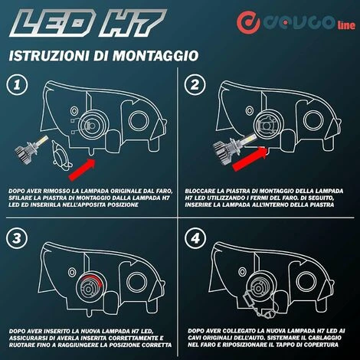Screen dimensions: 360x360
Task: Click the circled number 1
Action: (17, 85)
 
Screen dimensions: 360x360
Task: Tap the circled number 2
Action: (195, 84)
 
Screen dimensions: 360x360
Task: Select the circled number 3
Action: (17, 238)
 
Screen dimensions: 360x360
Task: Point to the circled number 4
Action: (195, 238)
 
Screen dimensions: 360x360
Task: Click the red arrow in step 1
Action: (82, 169)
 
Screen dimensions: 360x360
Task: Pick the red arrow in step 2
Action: (250, 159)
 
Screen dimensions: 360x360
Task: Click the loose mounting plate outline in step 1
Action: (61, 154)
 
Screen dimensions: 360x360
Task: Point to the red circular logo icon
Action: (248, 22)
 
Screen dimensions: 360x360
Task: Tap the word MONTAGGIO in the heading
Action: (155, 56)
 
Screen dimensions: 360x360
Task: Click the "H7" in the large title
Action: (133, 23)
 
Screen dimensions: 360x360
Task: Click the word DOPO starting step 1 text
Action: (16, 191)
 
